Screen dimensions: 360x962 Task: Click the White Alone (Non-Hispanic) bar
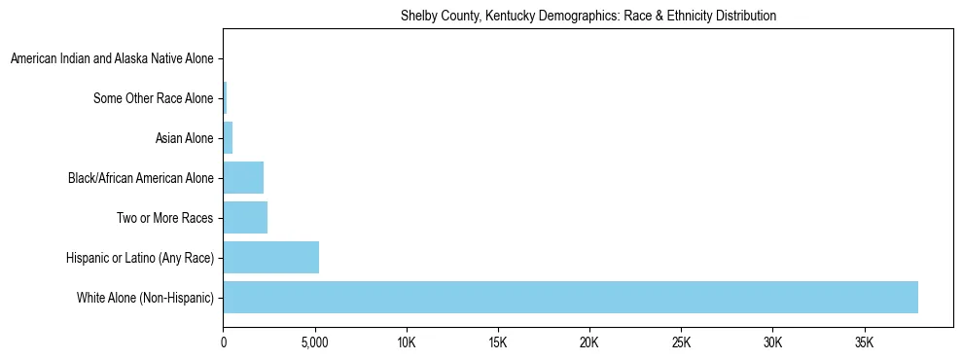(x=570, y=297)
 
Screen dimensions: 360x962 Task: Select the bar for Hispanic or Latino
(x=271, y=257)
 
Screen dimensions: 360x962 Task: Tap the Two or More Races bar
(x=245, y=218)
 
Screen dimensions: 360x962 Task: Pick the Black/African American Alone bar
(x=243, y=178)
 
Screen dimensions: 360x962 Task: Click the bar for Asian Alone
(x=228, y=138)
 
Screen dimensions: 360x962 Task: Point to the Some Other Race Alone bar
(x=225, y=98)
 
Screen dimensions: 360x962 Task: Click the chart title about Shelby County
(x=588, y=16)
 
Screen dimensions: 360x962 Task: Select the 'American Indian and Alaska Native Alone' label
(x=112, y=59)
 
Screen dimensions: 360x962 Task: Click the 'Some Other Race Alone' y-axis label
(x=153, y=98)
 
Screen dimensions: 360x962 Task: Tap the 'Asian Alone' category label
(x=184, y=138)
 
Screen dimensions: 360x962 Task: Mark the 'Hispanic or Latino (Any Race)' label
(x=140, y=257)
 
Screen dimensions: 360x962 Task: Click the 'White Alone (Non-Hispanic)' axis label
(x=145, y=297)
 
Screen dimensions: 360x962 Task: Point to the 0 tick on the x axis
(x=224, y=343)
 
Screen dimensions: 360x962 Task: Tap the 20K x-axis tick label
(x=589, y=343)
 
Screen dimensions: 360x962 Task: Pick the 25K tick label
(x=681, y=343)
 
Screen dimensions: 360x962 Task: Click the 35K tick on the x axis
(x=864, y=343)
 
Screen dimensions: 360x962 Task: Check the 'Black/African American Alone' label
(x=140, y=178)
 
